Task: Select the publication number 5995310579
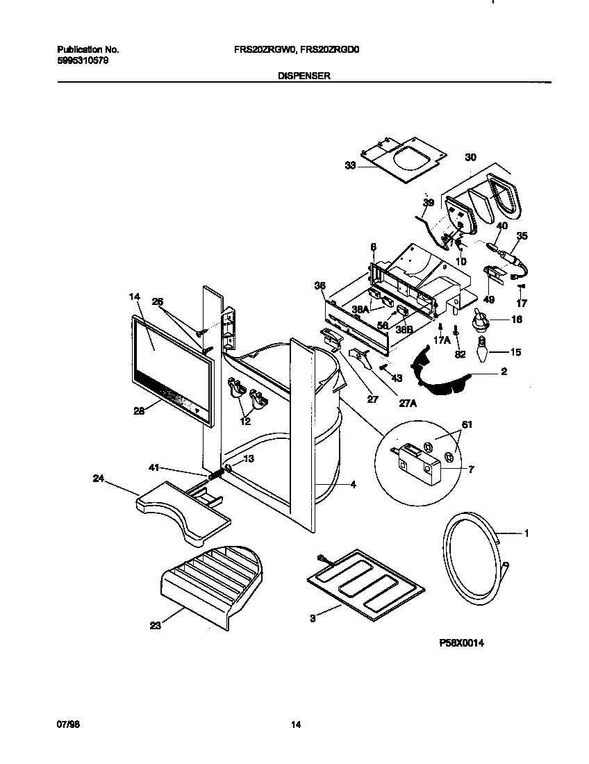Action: coord(82,60)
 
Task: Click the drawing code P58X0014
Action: coord(461,644)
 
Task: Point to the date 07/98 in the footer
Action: coord(66,725)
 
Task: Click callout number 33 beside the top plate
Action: coord(350,165)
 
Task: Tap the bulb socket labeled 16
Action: coord(479,320)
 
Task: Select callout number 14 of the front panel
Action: coord(134,297)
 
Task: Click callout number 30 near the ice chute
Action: coord(470,158)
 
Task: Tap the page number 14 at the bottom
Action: coord(295,725)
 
